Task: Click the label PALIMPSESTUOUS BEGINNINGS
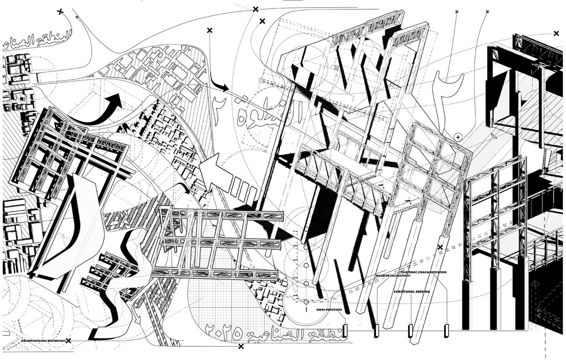point(43,341)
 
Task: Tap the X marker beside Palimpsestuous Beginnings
point(68,341)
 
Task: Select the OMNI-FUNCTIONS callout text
point(329,310)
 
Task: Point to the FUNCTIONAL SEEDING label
point(412,291)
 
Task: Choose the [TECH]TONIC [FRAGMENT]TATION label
point(423,272)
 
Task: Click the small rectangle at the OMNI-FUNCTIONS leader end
point(345,331)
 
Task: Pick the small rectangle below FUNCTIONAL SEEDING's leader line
point(410,331)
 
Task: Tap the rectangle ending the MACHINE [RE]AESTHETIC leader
point(377,331)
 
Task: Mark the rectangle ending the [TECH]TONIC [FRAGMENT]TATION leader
point(446,331)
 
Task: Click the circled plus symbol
point(458,137)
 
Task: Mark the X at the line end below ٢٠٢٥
point(241,346)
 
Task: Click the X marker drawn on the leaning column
point(440,247)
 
